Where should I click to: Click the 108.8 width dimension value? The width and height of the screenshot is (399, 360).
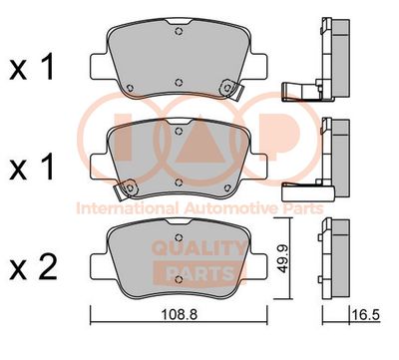pyautogui.click(x=179, y=314)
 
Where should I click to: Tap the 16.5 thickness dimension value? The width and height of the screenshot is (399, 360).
pyautogui.click(x=366, y=314)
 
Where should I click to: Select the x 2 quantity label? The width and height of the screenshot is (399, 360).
pyautogui.click(x=33, y=268)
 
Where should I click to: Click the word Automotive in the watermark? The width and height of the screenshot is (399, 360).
pyautogui.click(x=229, y=208)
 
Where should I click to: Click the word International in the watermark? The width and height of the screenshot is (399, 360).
pyautogui.click(x=127, y=208)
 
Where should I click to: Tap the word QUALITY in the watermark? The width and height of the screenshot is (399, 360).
pyautogui.click(x=199, y=248)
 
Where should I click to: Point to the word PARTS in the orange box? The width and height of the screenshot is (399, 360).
pyautogui.click(x=199, y=274)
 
